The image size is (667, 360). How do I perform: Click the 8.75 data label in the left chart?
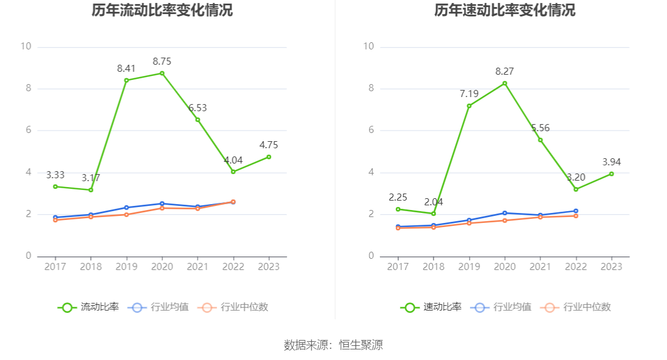click(x=162, y=61)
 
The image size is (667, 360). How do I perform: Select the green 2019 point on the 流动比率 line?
click(x=126, y=80)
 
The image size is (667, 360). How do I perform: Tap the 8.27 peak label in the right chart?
click(x=505, y=71)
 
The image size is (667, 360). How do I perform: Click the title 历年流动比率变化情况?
click(x=162, y=10)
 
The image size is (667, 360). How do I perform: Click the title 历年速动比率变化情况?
click(x=505, y=10)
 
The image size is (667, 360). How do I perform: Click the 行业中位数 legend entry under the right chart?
click(x=579, y=307)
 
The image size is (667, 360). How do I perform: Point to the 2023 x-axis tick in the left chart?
click(x=269, y=266)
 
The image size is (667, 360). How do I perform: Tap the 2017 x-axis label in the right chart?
click(x=398, y=266)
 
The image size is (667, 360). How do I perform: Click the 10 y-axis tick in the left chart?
click(x=25, y=46)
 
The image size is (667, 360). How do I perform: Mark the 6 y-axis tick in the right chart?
click(x=371, y=130)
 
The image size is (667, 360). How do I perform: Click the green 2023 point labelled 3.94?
click(x=612, y=174)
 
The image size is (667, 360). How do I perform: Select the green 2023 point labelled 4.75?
click(x=269, y=156)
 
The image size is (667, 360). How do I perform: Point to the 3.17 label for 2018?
click(x=91, y=178)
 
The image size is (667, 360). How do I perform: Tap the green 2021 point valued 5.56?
click(x=540, y=139)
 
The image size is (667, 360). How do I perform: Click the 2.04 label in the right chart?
click(x=433, y=202)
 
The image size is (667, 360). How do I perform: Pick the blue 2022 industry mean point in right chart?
click(x=576, y=211)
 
